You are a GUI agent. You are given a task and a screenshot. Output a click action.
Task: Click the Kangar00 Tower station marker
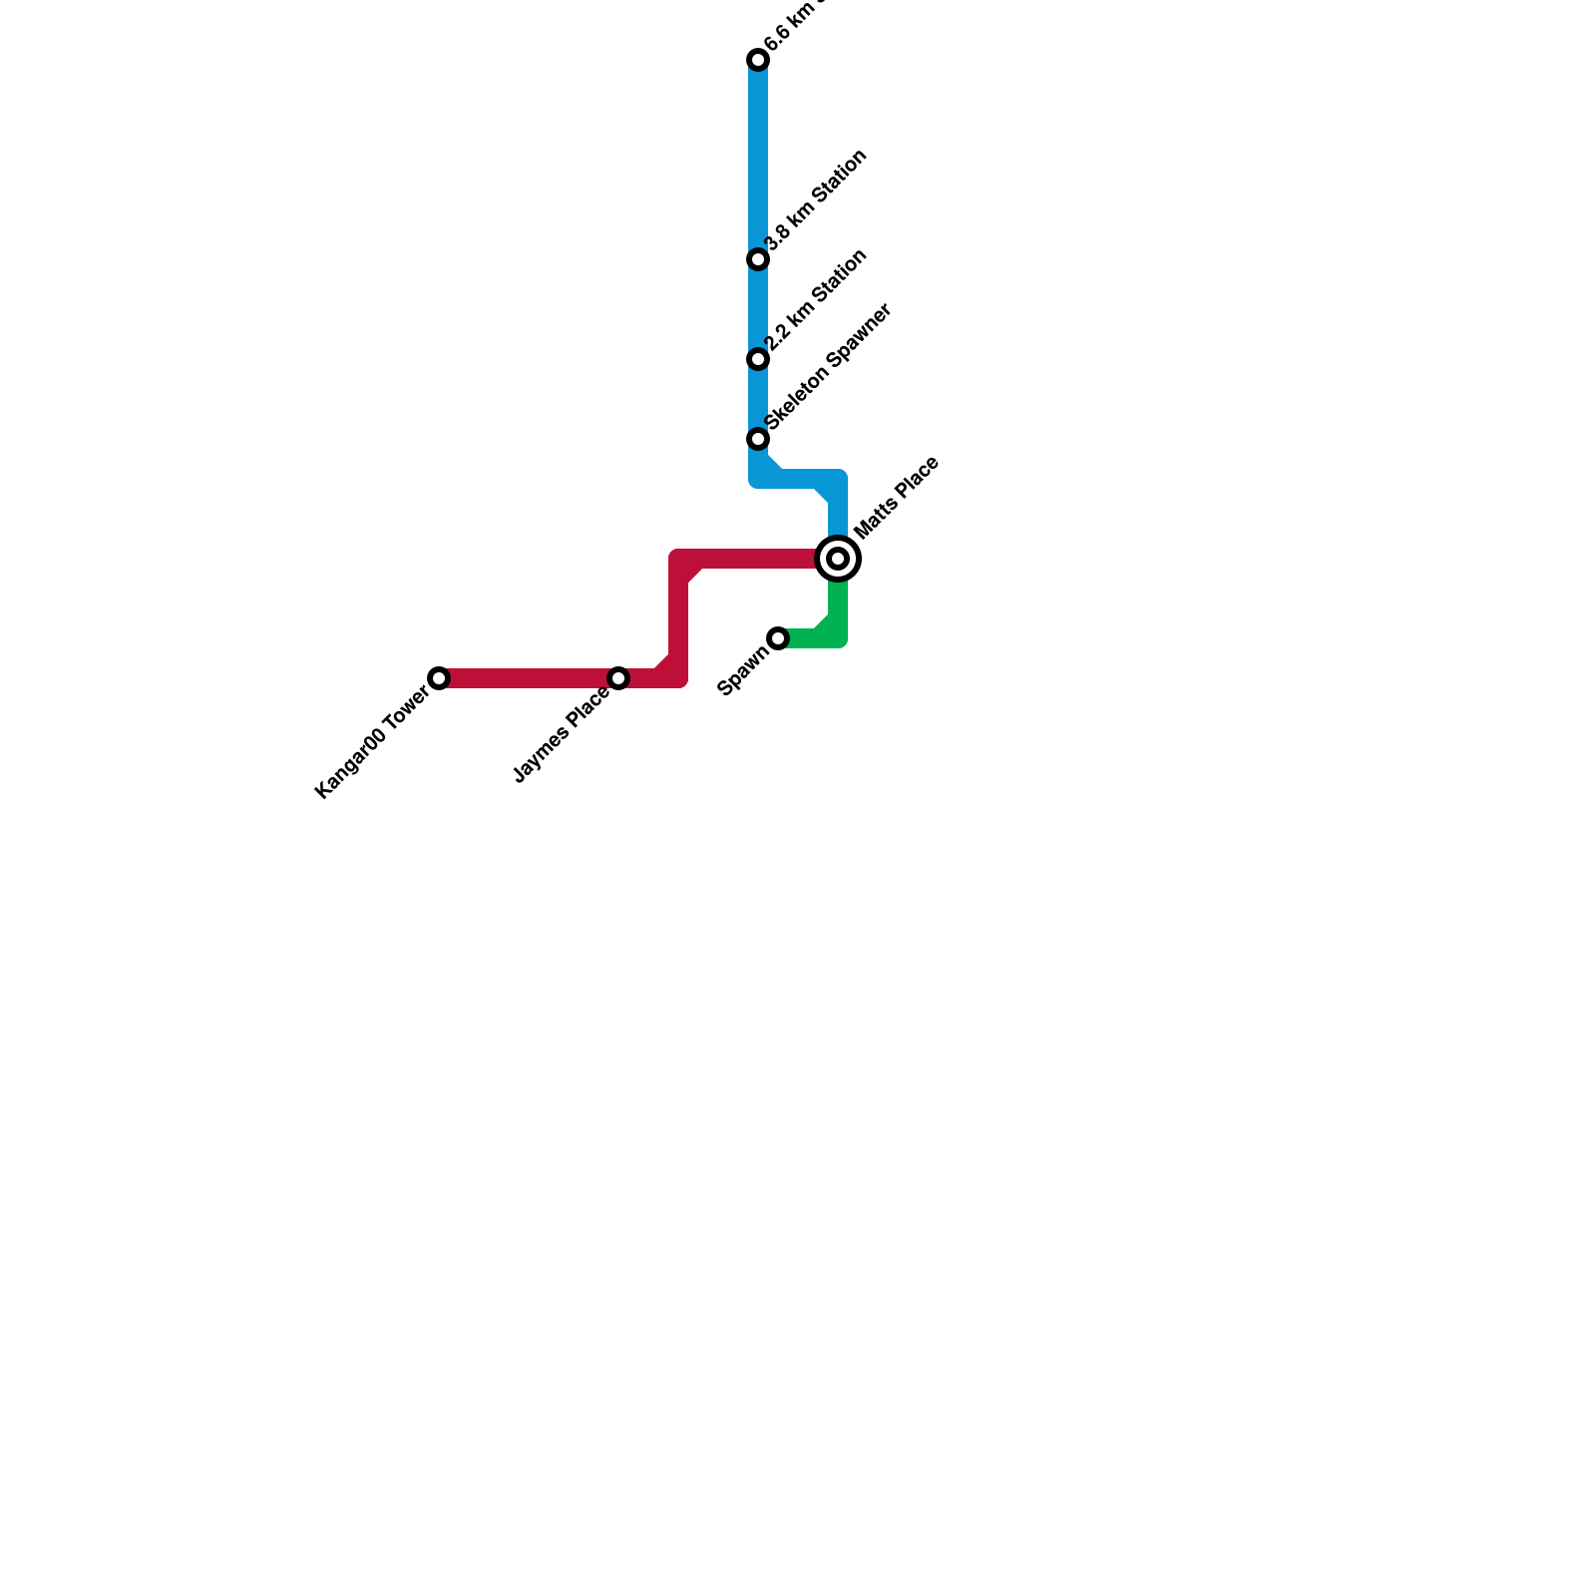tap(439, 678)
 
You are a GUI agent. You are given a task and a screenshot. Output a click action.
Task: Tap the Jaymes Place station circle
tap(618, 678)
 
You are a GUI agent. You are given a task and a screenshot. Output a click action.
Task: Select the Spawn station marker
tap(778, 638)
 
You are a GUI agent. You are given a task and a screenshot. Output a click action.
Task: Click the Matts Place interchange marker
tap(838, 559)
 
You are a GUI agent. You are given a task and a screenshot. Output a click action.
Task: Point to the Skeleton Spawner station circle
tap(758, 439)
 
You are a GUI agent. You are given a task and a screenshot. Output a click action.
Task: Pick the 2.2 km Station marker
tap(758, 359)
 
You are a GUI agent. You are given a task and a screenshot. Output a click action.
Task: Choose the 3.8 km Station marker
tap(758, 259)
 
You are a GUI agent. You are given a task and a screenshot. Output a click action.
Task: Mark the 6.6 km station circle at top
tap(758, 61)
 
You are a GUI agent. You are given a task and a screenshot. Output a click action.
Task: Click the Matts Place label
tap(897, 498)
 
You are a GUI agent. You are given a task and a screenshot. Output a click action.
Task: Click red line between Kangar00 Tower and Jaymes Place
tap(529, 678)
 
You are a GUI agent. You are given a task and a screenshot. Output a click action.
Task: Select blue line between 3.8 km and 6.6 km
tap(758, 160)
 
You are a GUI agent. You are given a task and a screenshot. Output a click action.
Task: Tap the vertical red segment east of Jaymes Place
tap(678, 618)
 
